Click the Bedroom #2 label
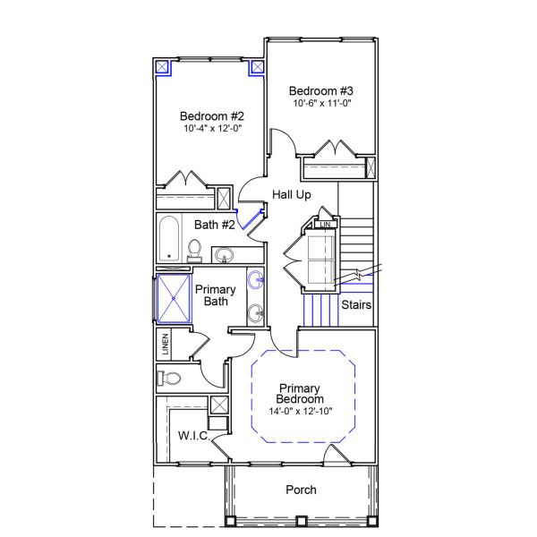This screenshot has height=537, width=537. click(x=211, y=115)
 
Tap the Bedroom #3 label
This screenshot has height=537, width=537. click(x=321, y=90)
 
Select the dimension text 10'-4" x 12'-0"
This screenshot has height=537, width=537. click(x=211, y=129)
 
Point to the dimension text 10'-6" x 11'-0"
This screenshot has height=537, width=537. click(x=321, y=104)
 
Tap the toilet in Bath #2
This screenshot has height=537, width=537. click(x=196, y=248)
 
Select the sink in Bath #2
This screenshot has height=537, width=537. click(x=225, y=254)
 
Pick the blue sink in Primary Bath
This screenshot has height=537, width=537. click(x=256, y=280)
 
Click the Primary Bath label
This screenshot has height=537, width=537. click(x=216, y=295)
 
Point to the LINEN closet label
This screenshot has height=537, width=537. click(x=165, y=342)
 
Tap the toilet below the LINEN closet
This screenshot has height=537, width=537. click(x=170, y=378)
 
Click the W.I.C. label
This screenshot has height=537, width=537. click(x=193, y=436)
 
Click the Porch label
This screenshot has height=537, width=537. click(x=301, y=490)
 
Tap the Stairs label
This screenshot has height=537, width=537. click(x=356, y=305)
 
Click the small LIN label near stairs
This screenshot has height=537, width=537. click(x=327, y=225)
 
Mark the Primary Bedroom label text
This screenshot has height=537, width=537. click(x=301, y=393)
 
